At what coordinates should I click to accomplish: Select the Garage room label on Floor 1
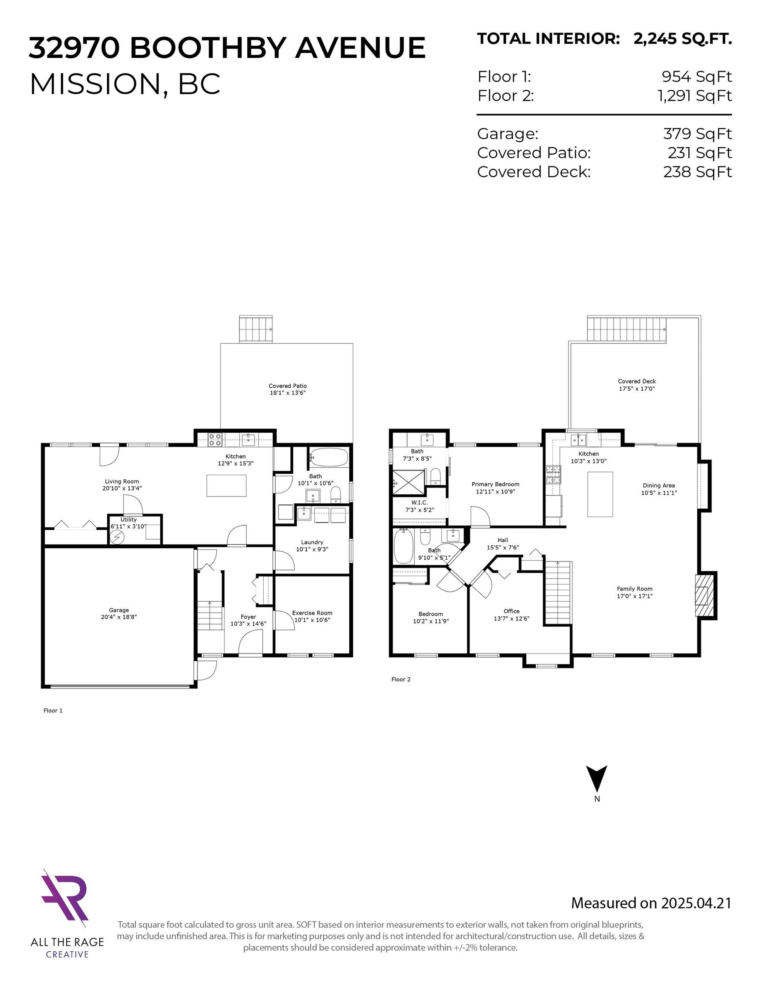click(118, 610)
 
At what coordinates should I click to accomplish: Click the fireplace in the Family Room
click(705, 595)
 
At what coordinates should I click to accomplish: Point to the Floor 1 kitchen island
click(227, 486)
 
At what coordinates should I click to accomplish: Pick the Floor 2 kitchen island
click(600, 494)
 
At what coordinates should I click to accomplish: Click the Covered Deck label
click(637, 381)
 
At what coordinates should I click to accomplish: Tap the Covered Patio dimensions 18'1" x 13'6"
click(288, 393)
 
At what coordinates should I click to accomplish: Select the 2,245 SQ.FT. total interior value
click(682, 39)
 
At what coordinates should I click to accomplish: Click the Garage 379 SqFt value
click(697, 134)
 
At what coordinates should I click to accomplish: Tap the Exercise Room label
click(312, 613)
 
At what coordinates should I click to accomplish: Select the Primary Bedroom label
click(496, 484)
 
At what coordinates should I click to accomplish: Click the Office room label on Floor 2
click(512, 611)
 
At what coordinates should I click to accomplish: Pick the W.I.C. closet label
click(419, 502)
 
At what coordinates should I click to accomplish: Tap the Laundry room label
click(312, 542)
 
